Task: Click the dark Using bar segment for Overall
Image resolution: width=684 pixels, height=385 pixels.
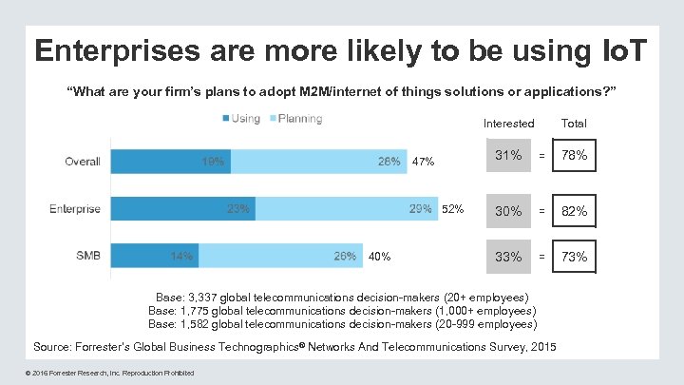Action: click(x=171, y=161)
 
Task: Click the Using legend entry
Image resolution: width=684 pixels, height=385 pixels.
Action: click(x=240, y=119)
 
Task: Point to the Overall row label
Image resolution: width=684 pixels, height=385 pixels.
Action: click(x=83, y=161)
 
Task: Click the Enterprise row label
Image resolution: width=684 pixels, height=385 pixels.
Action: click(x=75, y=209)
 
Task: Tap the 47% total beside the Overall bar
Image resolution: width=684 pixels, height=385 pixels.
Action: click(x=424, y=162)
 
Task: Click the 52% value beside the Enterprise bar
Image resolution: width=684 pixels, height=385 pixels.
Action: click(x=452, y=209)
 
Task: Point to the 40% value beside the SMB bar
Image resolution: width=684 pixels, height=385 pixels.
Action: click(x=379, y=256)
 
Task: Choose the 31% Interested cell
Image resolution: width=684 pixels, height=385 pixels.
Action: click(x=508, y=156)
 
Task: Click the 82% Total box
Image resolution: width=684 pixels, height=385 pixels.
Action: click(x=574, y=212)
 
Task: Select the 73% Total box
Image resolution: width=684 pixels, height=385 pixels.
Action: click(x=574, y=257)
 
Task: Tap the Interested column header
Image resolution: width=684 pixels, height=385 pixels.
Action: click(x=508, y=124)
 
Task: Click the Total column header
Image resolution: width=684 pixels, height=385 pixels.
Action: click(x=574, y=124)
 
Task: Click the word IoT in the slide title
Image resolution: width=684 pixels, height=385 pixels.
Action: click(x=617, y=49)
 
